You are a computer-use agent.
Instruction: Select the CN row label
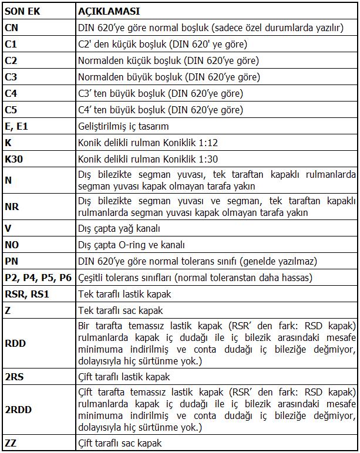pos(12,27)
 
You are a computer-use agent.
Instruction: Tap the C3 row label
pos(11,77)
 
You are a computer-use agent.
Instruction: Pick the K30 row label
pos(15,159)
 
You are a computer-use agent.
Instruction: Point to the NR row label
pos(12,207)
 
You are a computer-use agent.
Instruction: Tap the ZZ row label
pos(11,443)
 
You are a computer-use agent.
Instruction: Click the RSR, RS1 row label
pos(26,294)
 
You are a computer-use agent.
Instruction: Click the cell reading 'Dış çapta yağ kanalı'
pos(119,228)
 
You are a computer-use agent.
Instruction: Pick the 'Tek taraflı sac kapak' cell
pos(120,310)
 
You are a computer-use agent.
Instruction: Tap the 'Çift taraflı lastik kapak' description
pos(124,377)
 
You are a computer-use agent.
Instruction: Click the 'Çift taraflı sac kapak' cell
pos(120,443)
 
